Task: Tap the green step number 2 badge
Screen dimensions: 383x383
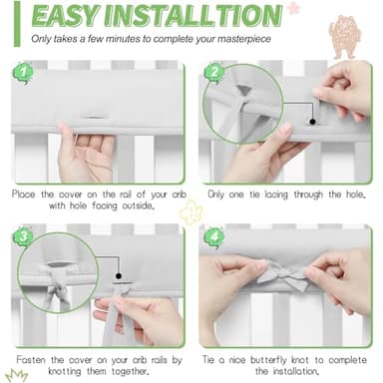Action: (x=211, y=73)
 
